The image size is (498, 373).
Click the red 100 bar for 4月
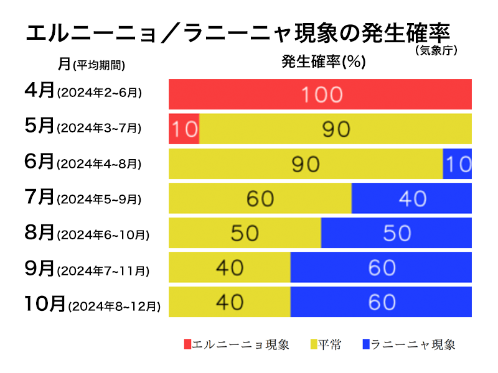(320, 94)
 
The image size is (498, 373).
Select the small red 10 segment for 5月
(184, 129)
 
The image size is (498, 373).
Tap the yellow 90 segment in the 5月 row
(335, 129)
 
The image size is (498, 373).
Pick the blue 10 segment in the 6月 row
(457, 163)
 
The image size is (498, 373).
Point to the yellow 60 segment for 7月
(260, 198)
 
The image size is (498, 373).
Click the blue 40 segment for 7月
(411, 198)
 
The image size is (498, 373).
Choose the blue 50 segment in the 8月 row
(396, 233)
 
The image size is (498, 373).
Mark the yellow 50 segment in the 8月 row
(245, 233)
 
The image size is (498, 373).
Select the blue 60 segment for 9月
(381, 267)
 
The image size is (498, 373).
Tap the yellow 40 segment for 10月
(230, 302)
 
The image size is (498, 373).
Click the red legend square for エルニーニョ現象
(187, 344)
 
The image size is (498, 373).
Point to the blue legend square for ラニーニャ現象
(365, 344)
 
